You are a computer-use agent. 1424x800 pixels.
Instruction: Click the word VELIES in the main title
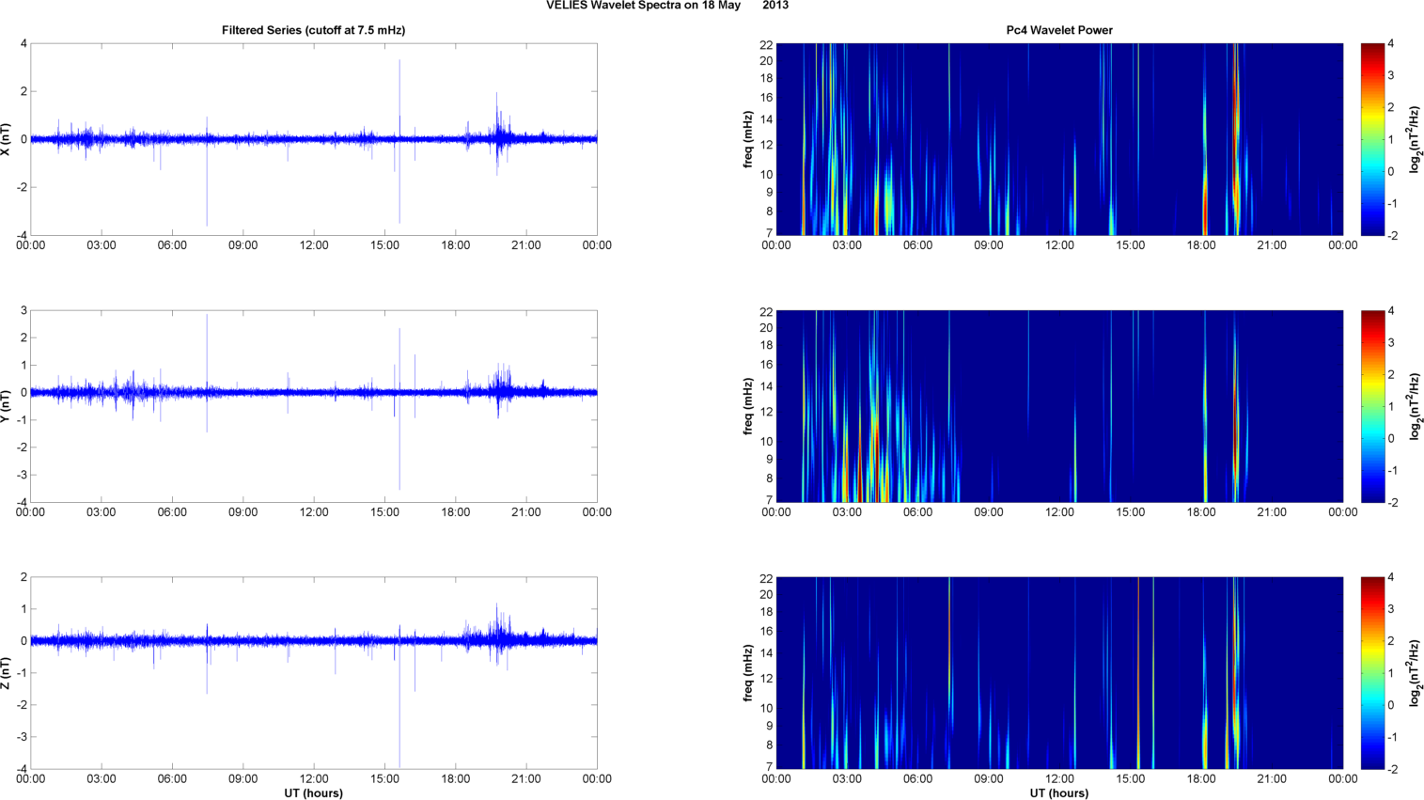(566, 6)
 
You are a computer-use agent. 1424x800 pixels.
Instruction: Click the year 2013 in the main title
(775, 6)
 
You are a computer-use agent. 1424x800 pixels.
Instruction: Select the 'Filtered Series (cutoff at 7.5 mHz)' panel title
(313, 30)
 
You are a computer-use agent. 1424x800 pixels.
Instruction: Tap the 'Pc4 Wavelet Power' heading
(1059, 30)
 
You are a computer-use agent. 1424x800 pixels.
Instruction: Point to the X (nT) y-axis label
(7, 139)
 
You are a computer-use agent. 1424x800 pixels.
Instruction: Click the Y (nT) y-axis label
(7, 406)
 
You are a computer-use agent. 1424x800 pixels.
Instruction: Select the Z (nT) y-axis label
(7, 673)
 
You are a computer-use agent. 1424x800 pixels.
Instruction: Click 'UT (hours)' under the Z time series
(313, 793)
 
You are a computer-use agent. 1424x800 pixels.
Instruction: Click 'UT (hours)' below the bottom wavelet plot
(1059, 793)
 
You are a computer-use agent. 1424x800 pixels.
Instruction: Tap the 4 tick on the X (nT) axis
(23, 44)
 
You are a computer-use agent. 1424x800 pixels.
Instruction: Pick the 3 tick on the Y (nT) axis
(23, 311)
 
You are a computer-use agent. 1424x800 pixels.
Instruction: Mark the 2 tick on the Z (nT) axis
(23, 578)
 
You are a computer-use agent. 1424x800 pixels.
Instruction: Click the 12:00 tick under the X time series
(314, 245)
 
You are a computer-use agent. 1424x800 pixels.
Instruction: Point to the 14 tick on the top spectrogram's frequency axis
(766, 119)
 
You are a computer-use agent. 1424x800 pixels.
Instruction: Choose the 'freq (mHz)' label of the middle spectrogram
(748, 406)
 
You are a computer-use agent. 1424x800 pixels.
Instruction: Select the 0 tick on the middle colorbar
(1391, 439)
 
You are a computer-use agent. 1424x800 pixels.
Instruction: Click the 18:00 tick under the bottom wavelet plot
(1201, 779)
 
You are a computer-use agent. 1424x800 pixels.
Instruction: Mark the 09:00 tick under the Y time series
(243, 512)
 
